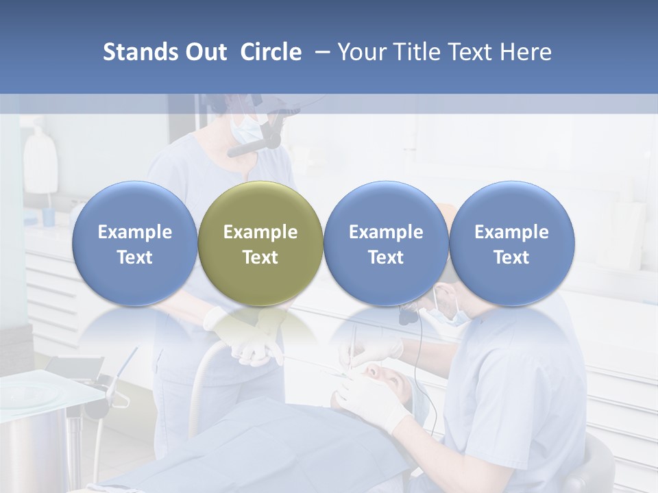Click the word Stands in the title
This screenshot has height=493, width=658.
[x=141, y=52]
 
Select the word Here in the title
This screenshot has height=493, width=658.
[x=526, y=52]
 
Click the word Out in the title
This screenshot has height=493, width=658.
[x=206, y=52]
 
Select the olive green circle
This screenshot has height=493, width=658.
[x=260, y=244]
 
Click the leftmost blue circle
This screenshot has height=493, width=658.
[x=135, y=244]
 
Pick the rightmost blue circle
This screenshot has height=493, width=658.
[x=511, y=244]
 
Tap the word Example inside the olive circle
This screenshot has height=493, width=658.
[x=260, y=232]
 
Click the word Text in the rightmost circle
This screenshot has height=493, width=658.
[x=511, y=257]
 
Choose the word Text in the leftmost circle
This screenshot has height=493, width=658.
[x=135, y=257]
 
